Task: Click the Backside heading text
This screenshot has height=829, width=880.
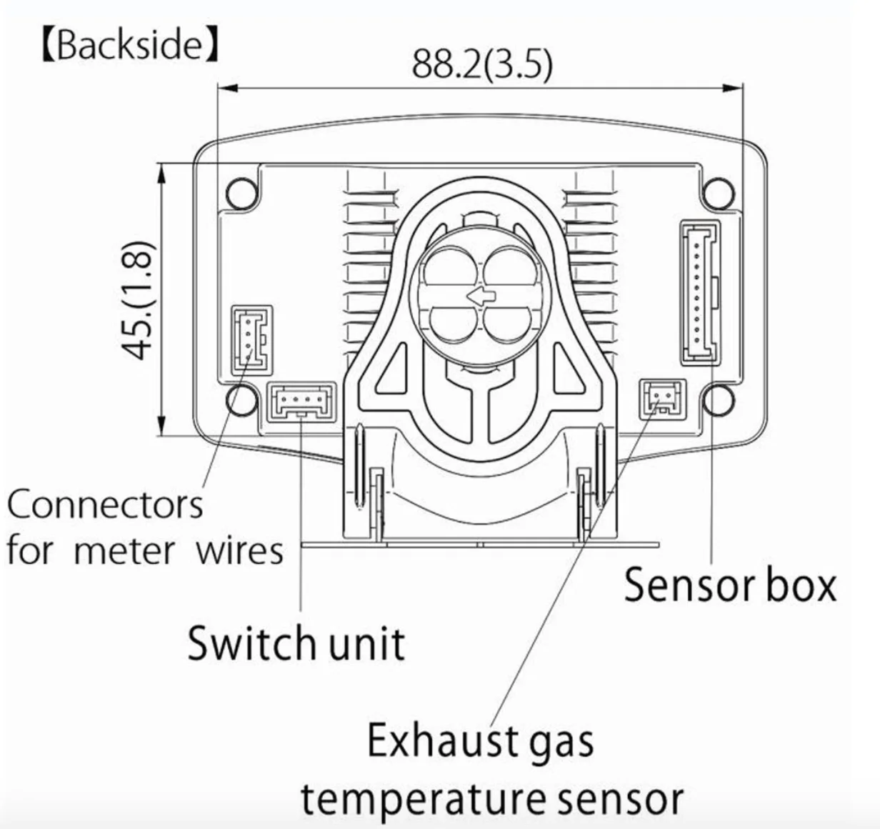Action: click(x=130, y=46)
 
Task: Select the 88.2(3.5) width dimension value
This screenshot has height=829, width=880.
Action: click(x=483, y=65)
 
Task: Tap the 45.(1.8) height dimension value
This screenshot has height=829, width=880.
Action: click(x=139, y=299)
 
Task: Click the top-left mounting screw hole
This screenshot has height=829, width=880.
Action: click(x=242, y=194)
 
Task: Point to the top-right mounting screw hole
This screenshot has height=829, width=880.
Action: click(x=719, y=194)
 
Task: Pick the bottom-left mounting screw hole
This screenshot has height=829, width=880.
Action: click(x=242, y=400)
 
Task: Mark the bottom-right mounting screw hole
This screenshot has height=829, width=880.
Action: click(x=719, y=400)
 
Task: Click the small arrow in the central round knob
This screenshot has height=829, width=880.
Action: click(x=481, y=297)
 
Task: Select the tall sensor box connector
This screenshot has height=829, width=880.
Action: click(x=700, y=292)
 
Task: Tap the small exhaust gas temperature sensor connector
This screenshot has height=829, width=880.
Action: click(x=662, y=399)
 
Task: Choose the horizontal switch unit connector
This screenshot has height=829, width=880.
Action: click(x=301, y=402)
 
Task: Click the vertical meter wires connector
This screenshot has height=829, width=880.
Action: click(x=251, y=341)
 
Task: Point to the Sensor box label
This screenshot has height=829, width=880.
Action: click(x=730, y=585)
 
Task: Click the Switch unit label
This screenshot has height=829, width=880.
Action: click(x=296, y=642)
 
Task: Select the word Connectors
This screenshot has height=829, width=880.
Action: click(x=105, y=505)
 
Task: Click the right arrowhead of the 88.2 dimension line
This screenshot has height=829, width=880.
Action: click(x=734, y=89)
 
